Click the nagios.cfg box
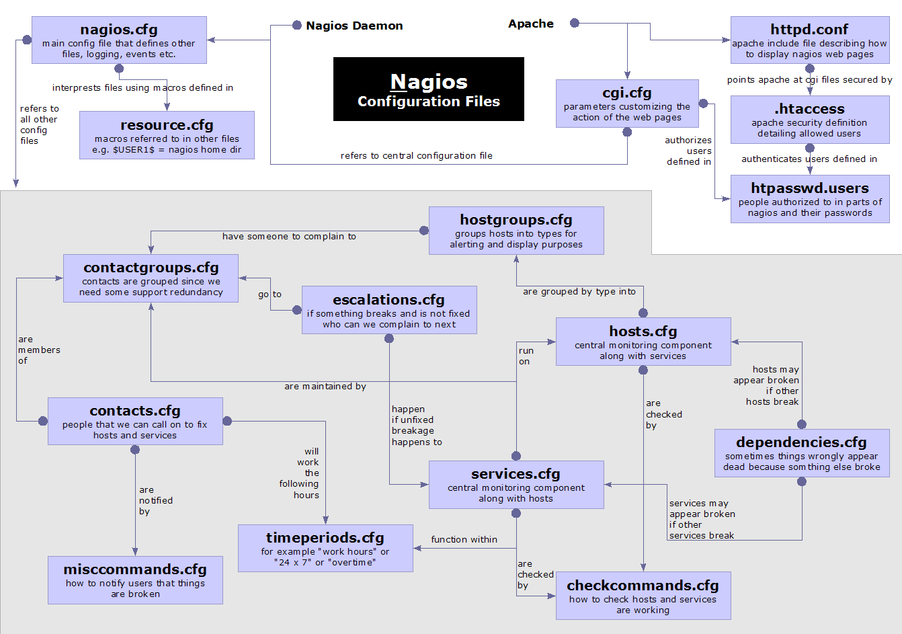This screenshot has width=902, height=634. click(x=119, y=40)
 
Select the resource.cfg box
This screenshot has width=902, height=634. click(x=167, y=135)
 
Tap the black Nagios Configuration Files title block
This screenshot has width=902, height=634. click(x=428, y=89)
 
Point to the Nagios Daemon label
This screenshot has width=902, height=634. click(x=354, y=26)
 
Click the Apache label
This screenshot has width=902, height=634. click(x=531, y=24)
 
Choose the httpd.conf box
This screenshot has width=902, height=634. click(x=809, y=40)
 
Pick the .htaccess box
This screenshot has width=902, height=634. click(x=809, y=120)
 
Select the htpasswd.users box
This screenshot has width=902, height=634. click(x=809, y=199)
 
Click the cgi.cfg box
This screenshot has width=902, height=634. click(x=626, y=104)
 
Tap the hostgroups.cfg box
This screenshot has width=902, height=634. click(x=516, y=231)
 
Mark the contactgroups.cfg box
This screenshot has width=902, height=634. click(x=151, y=278)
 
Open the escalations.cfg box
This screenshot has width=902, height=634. click(x=389, y=310)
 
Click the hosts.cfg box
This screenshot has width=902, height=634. click(x=643, y=342)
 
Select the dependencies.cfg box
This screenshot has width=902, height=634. click(x=801, y=453)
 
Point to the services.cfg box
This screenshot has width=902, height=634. click(x=516, y=485)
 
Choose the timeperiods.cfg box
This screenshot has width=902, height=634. click(x=325, y=549)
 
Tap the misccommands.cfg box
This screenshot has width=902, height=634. click(x=135, y=580)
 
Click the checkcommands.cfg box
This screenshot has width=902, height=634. click(x=643, y=596)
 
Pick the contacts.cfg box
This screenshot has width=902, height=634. click(x=135, y=422)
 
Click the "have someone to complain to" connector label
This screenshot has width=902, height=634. click(x=289, y=237)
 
